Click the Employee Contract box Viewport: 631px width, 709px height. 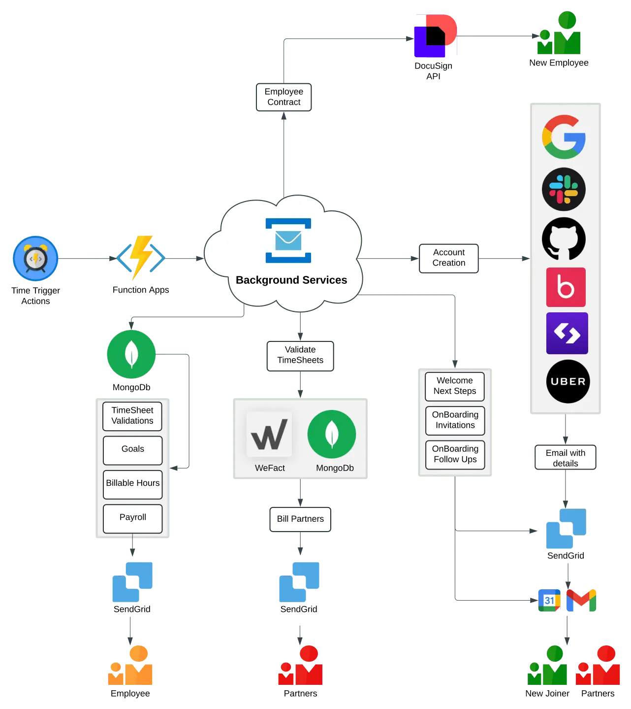[x=284, y=97]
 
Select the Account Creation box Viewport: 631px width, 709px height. [x=448, y=258]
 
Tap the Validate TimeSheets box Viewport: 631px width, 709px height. [x=300, y=355]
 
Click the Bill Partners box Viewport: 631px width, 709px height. [x=300, y=519]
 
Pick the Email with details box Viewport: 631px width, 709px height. [x=565, y=458]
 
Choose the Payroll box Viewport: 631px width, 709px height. [x=132, y=518]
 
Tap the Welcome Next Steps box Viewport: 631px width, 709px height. [x=454, y=386]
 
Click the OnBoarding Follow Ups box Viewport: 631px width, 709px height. [x=455, y=454]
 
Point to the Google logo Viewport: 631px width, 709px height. [x=564, y=137]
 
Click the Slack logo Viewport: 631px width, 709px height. [x=564, y=189]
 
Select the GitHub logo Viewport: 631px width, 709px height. [x=564, y=239]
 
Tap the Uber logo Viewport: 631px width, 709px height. [x=568, y=381]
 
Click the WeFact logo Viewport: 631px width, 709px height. [x=269, y=435]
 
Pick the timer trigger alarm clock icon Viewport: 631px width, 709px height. [x=35, y=258]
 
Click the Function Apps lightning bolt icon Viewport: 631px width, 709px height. [x=141, y=257]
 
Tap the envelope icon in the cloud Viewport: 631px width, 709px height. [x=288, y=240]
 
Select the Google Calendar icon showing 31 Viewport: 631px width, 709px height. [x=549, y=600]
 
